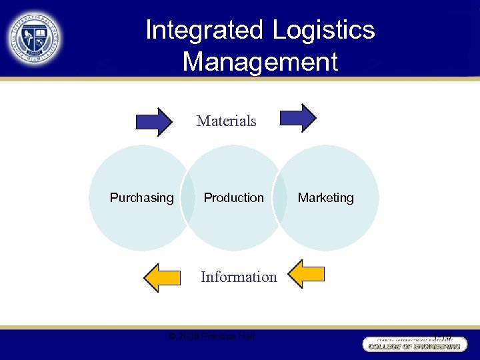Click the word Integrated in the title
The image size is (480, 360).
[x=205, y=30]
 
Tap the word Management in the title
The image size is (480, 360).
[x=260, y=62]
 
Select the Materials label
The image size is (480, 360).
[x=227, y=121]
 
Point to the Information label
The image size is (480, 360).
[x=239, y=277]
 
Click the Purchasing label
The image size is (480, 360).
[x=141, y=198]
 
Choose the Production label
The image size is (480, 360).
[x=233, y=198]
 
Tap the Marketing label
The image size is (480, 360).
[x=325, y=198]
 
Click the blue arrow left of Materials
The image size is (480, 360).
[x=154, y=121]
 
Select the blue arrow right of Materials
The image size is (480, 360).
[x=298, y=118]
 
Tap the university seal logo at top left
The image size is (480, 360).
[x=35, y=36]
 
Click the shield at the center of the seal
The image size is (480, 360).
[x=35, y=36]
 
